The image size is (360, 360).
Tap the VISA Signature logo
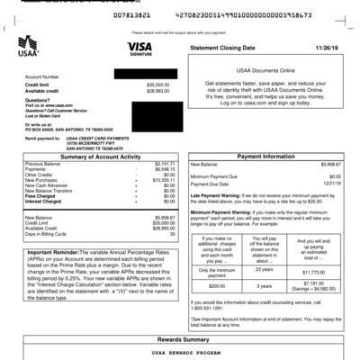click(x=139, y=48)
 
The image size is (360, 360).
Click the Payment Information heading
click(x=266, y=157)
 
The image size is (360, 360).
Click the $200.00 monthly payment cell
click(x=218, y=285)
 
